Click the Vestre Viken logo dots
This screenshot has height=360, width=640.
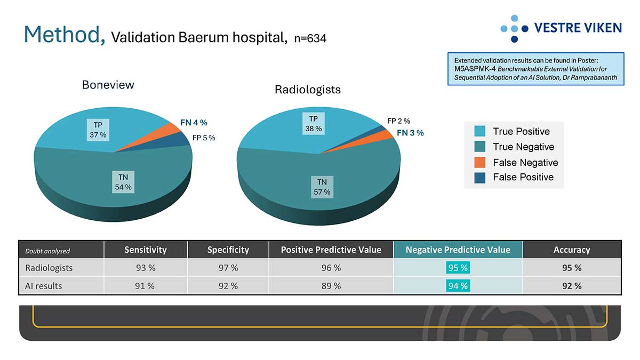pyautogui.click(x=514, y=28)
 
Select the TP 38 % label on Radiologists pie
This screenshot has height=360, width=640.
pyautogui.click(x=314, y=124)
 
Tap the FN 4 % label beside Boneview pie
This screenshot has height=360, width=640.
pyautogui.click(x=194, y=123)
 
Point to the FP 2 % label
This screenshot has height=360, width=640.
pyautogui.click(x=398, y=122)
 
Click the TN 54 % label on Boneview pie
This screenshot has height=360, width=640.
pyautogui.click(x=123, y=182)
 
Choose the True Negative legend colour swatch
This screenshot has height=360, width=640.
pyautogui.click(x=480, y=147)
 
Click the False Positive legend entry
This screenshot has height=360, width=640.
pyautogui.click(x=523, y=177)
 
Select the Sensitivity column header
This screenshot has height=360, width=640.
pyautogui.click(x=146, y=250)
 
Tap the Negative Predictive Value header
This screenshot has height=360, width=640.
pyautogui.click(x=458, y=250)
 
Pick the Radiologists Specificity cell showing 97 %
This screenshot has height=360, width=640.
pyautogui.click(x=228, y=268)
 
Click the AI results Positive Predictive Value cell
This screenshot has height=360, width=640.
pyautogui.click(x=331, y=286)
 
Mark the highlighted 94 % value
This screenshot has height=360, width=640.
pyautogui.click(x=458, y=286)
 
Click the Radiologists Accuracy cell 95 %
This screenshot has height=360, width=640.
pyautogui.click(x=572, y=268)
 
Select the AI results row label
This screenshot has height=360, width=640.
pyautogui.click(x=44, y=286)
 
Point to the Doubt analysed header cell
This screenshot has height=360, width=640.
pyautogui.click(x=47, y=251)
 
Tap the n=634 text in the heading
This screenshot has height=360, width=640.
pyautogui.click(x=310, y=38)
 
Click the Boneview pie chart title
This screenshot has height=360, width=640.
pyautogui.click(x=108, y=85)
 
